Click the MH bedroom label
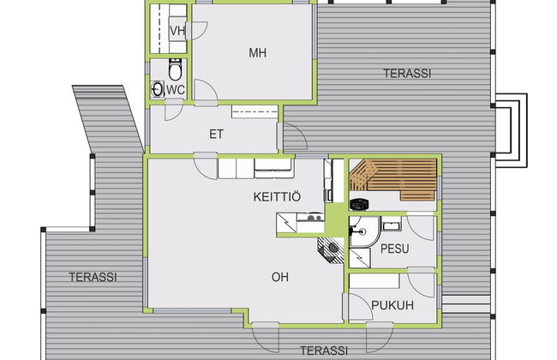258,53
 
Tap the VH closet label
177,31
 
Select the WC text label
176,89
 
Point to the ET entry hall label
216,135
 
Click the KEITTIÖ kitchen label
277,196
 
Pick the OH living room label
280,277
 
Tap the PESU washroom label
395,249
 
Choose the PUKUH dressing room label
392,305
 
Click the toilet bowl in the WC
175,69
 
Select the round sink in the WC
157,89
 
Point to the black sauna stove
359,204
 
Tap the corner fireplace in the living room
331,249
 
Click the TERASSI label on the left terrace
93,277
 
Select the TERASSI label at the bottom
324,351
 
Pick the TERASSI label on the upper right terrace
407,74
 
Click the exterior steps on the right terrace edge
511,130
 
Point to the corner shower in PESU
364,231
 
